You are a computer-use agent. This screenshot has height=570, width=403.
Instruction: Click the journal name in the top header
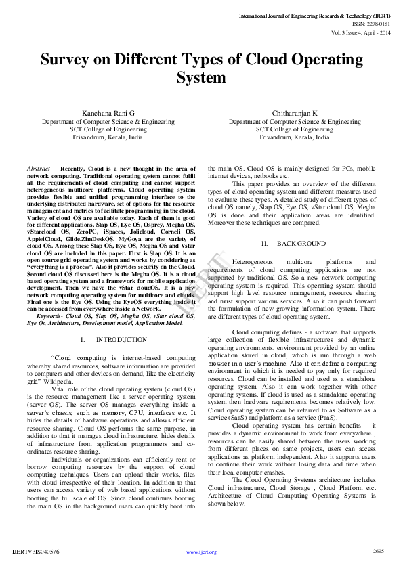coord(315,14)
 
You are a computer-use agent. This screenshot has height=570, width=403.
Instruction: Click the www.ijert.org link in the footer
coord(201,552)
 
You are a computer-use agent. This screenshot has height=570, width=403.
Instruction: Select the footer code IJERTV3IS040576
coord(35,552)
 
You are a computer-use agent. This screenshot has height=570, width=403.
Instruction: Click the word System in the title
coord(201,77)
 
